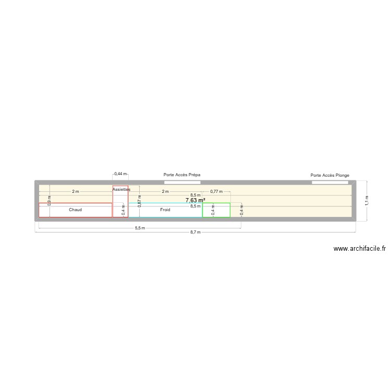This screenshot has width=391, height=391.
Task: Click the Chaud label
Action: click(x=75, y=210)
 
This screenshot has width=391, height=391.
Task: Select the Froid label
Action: click(x=165, y=210)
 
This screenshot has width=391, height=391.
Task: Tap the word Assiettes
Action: click(x=121, y=189)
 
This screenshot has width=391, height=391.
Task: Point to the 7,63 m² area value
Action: click(x=195, y=200)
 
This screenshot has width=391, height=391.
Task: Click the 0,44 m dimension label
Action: click(x=120, y=174)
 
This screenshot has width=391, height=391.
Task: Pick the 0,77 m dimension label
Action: click(x=216, y=191)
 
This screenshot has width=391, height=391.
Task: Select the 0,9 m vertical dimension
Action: click(x=50, y=201)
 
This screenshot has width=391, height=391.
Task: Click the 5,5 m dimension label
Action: click(x=140, y=228)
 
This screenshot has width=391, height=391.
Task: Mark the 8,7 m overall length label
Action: click(x=195, y=232)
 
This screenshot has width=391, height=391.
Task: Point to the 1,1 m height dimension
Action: click(x=366, y=201)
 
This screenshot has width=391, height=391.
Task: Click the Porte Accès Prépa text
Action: click(x=182, y=175)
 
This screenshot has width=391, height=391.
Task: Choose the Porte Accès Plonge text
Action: click(x=329, y=176)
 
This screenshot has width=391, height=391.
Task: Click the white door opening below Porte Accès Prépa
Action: click(x=182, y=182)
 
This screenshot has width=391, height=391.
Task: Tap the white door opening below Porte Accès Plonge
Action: click(x=329, y=182)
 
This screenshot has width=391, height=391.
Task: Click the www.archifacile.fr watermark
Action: click(x=359, y=249)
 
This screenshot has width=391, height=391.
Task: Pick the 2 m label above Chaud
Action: click(x=76, y=191)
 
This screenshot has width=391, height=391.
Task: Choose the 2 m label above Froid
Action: click(x=165, y=191)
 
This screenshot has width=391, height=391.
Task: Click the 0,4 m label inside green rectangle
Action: click(x=213, y=210)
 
